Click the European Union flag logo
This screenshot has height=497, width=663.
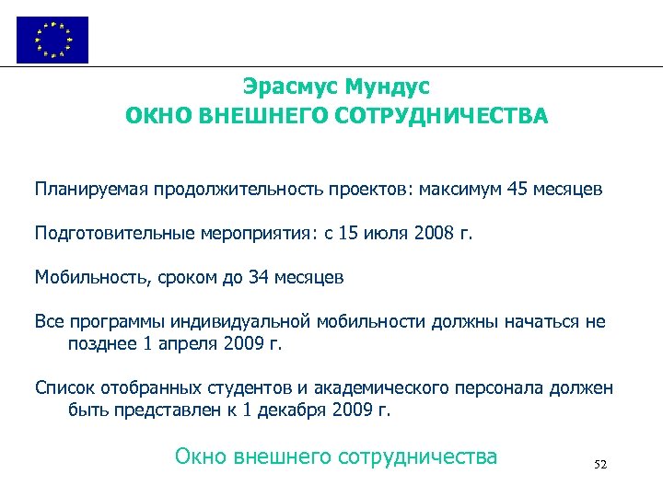pyautogui.click(x=52, y=40)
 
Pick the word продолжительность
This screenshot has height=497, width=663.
pyautogui.click(x=216, y=191)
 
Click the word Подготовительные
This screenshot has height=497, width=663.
pyautogui.click(x=114, y=234)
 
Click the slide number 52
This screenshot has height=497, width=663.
pyautogui.click(x=600, y=465)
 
